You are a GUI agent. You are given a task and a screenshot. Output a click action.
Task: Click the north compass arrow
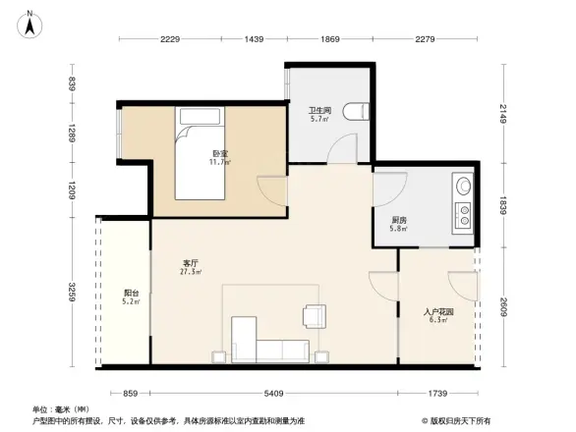pyautogui.click(x=29, y=23)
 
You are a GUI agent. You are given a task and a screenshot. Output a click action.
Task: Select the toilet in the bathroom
pyautogui.click(x=356, y=111)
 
